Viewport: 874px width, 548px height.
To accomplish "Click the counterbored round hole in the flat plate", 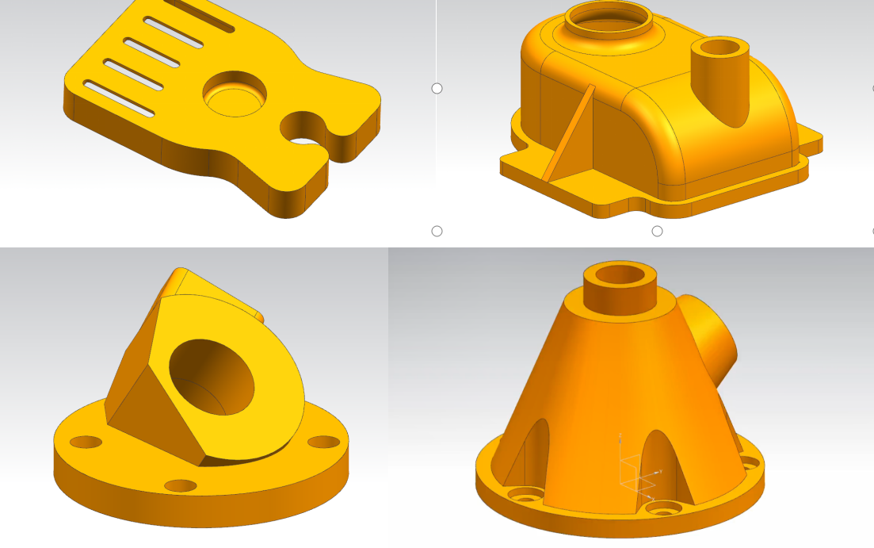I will tap(235, 94).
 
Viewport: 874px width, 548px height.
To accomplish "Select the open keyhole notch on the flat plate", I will tap(304, 131).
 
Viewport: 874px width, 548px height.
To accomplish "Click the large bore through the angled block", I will tap(212, 376).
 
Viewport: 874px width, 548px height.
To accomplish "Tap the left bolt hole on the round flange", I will tap(86, 441).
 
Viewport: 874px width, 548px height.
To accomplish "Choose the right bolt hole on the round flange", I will tap(323, 442).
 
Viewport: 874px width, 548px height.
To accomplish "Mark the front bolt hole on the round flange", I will tap(180, 485).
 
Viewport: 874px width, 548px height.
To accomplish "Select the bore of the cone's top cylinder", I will tap(624, 275).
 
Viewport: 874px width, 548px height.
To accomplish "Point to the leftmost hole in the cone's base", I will tap(524, 496).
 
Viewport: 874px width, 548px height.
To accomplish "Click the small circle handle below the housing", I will tap(657, 231).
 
